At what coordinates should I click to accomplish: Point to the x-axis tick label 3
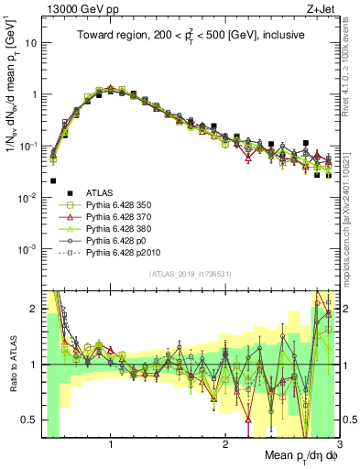click(338, 446)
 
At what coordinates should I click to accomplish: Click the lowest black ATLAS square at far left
click(53, 181)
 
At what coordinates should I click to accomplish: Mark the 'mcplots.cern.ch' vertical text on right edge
click(351, 229)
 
